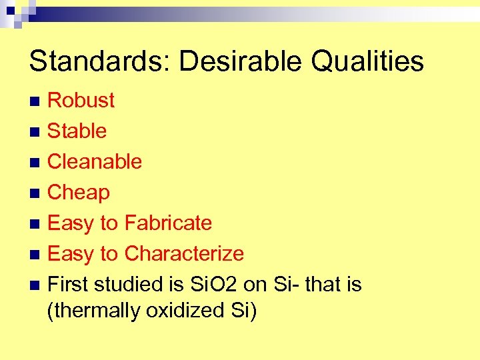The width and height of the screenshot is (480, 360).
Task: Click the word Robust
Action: [x=81, y=100]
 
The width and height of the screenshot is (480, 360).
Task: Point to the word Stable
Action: [x=77, y=131]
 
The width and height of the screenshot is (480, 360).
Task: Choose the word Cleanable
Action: [x=95, y=161]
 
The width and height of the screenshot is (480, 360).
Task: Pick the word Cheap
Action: [x=79, y=192]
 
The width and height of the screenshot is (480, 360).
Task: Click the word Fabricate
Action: [x=168, y=223]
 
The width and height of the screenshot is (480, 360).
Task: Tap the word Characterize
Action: [x=184, y=253]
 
